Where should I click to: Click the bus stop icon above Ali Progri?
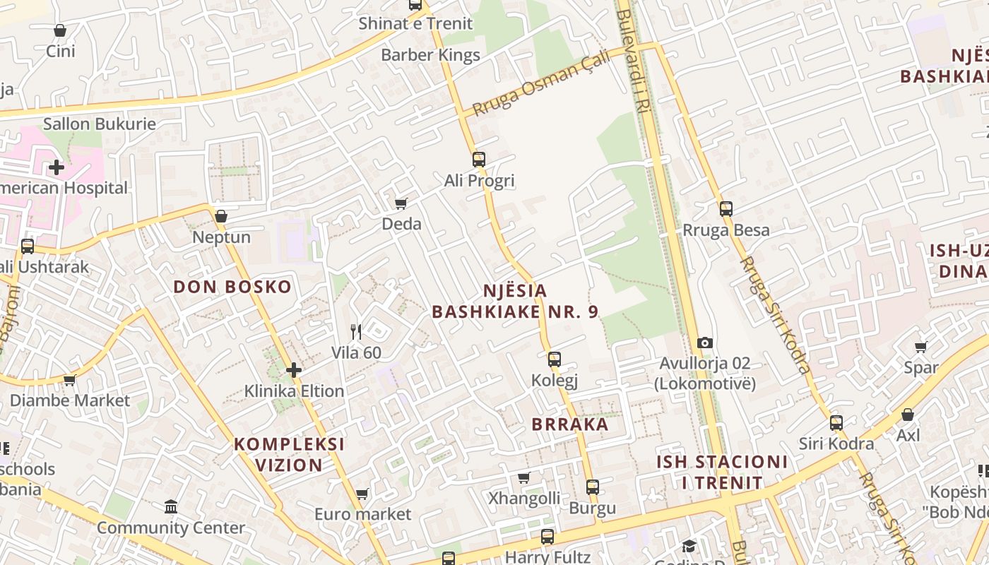tap(479, 159)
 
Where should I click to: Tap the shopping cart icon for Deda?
tap(401, 203)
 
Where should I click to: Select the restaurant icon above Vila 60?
tap(356, 331)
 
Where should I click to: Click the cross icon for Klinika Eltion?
tap(294, 369)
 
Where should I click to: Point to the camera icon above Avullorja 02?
tap(704, 343)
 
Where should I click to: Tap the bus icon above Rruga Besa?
tap(726, 208)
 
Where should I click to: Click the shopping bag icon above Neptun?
tap(221, 216)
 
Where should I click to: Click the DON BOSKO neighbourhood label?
tap(232, 287)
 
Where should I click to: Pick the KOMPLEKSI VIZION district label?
tap(290, 454)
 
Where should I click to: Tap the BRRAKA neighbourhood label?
tap(569, 424)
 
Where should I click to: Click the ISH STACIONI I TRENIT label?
tap(722, 472)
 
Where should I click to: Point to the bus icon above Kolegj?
tap(555, 359)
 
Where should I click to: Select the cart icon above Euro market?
tap(362, 494)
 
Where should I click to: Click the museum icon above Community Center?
tap(171, 506)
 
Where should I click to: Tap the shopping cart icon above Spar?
tap(921, 347)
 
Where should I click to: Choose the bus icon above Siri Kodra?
tap(836, 423)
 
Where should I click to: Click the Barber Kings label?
tap(430, 55)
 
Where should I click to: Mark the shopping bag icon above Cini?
tap(60, 30)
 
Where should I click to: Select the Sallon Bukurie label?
tap(100, 124)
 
